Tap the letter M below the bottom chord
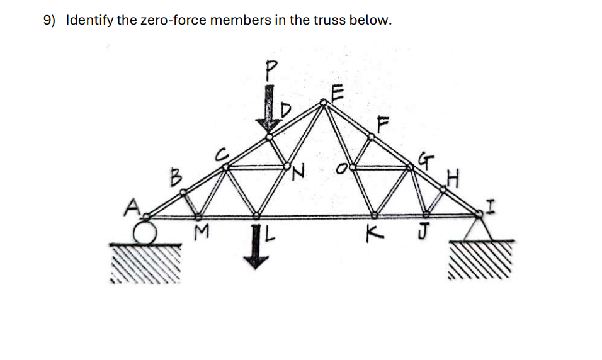click(x=201, y=235)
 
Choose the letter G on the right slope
click(x=428, y=161)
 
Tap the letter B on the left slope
click(x=178, y=177)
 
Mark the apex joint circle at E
click(x=324, y=102)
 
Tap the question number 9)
click(x=49, y=20)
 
